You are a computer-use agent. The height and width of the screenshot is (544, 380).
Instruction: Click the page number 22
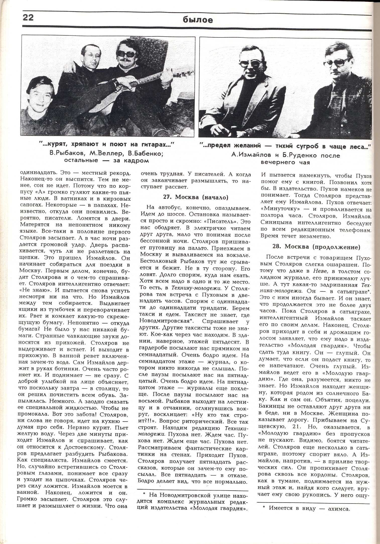(x=28, y=18)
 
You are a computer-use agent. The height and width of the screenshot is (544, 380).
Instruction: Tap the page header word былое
(x=198, y=20)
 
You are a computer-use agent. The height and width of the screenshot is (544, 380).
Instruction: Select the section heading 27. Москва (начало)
(x=196, y=197)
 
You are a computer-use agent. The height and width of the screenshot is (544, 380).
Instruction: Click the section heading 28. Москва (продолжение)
(x=316, y=247)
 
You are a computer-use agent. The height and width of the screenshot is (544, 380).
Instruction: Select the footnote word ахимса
(x=339, y=509)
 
